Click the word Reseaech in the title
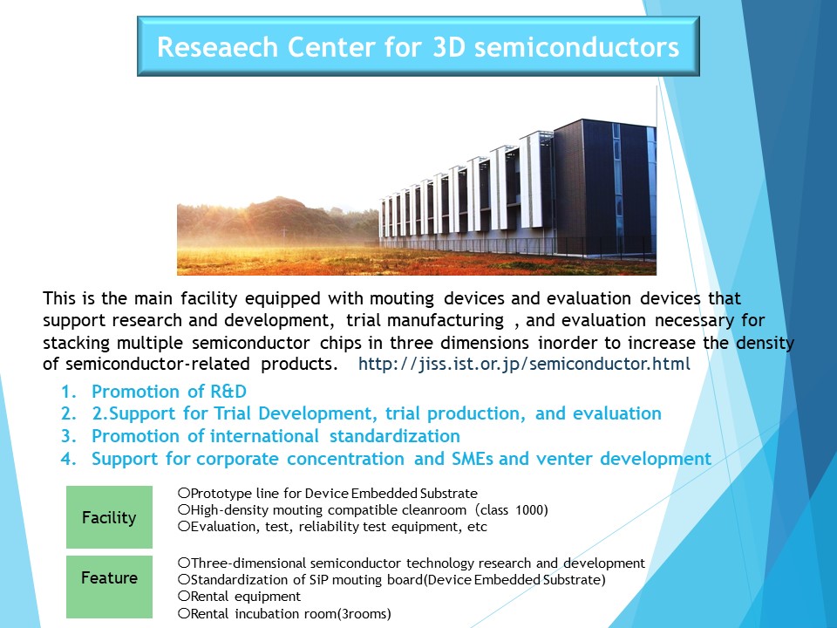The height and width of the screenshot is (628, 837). coord(218,46)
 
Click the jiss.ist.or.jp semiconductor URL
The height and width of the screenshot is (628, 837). coord(524,365)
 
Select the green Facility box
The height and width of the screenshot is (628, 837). coord(110,517)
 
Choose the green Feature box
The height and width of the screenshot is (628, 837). coord(110,587)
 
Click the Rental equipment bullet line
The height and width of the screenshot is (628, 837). coord(240,597)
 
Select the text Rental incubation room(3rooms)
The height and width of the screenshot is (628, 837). coord(284,613)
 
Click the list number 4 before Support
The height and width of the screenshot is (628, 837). coord(68,459)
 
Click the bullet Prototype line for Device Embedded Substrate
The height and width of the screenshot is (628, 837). coord(328,493)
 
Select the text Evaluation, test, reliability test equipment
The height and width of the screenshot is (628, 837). coord(332,527)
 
